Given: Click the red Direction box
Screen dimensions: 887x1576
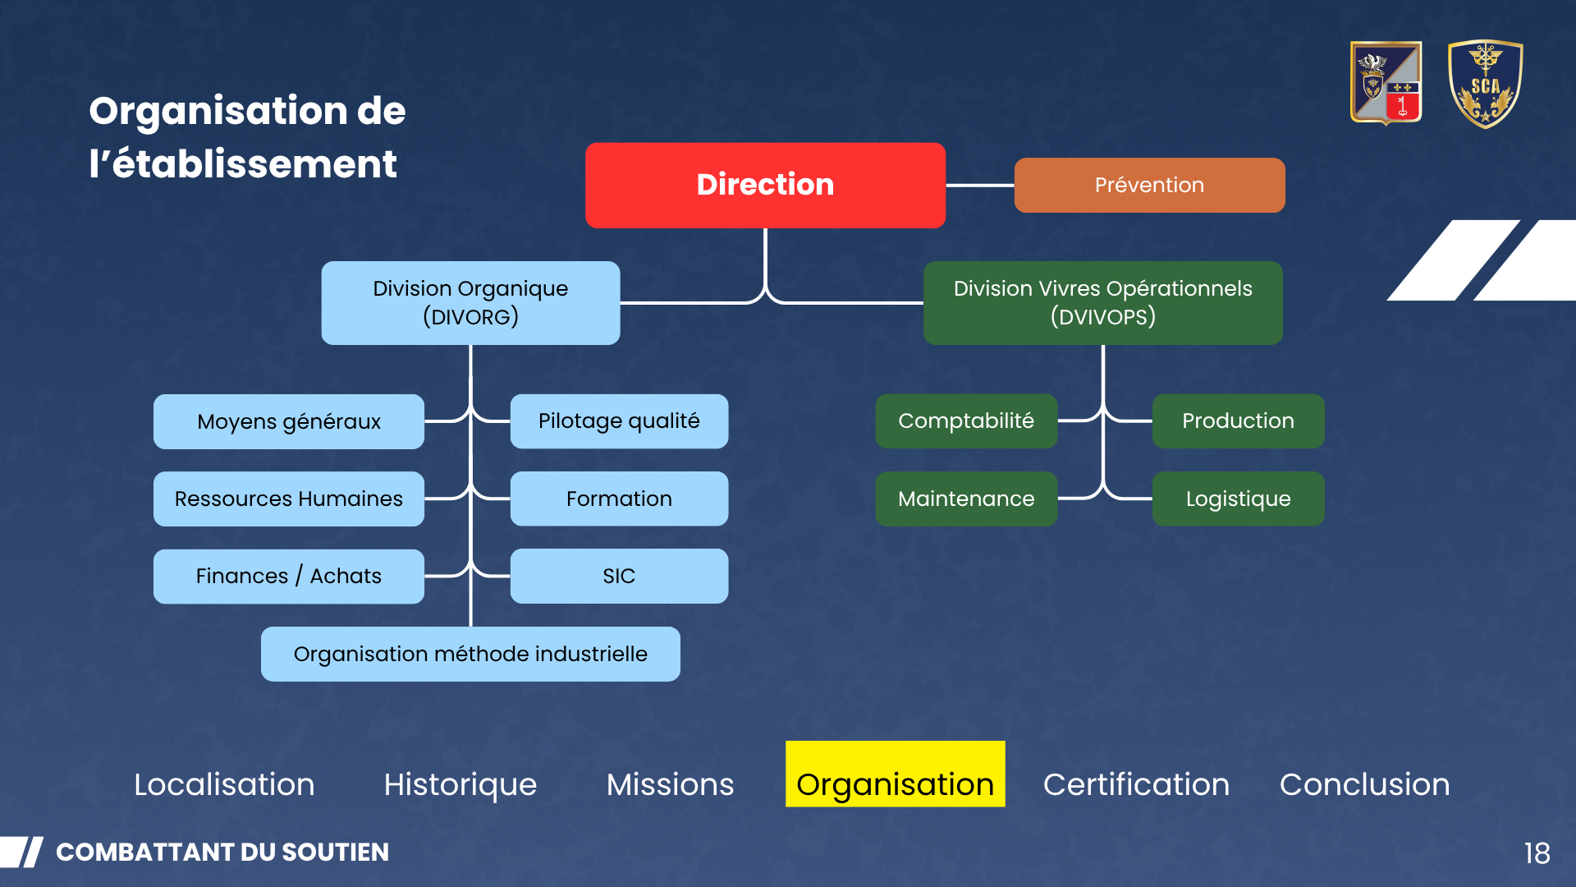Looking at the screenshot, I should pyautogui.click(x=765, y=185).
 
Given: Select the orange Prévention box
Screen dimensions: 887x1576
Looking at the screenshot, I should pyautogui.click(x=1149, y=185).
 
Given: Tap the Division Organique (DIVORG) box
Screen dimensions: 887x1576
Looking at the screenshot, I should pyautogui.click(x=470, y=302).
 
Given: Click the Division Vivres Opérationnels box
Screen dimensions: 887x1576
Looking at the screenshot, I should pyautogui.click(x=1102, y=302).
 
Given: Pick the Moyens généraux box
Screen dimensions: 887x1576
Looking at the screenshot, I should pyautogui.click(x=289, y=421).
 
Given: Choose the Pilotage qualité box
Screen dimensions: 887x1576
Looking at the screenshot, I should pyautogui.click(x=619, y=421).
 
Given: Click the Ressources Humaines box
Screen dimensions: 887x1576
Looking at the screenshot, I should pyautogui.click(x=289, y=499).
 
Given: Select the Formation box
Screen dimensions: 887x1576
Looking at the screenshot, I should pyautogui.click(x=619, y=499).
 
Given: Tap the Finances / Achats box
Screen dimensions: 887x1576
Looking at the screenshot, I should pyautogui.click(x=289, y=576).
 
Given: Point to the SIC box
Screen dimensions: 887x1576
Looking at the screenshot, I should pyautogui.click(x=619, y=576).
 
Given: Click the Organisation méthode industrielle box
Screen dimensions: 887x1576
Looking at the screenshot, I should pyautogui.click(x=470, y=654).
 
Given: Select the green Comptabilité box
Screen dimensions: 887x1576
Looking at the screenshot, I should pyautogui.click(x=966, y=421).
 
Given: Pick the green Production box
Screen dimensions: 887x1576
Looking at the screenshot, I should pyautogui.click(x=1238, y=421).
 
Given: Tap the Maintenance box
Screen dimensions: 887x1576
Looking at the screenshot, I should pyautogui.click(x=966, y=499).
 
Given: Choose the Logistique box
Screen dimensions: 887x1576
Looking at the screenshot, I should pyautogui.click(x=1238, y=499).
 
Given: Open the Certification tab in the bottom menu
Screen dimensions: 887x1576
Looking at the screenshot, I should pyautogui.click(x=1136, y=784).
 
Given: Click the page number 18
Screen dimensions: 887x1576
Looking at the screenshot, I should pyautogui.click(x=1537, y=853).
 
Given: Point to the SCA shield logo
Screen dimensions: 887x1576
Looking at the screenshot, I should pyautogui.click(x=1485, y=84).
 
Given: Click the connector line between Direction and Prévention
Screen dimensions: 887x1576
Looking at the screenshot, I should pyautogui.click(x=980, y=186).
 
